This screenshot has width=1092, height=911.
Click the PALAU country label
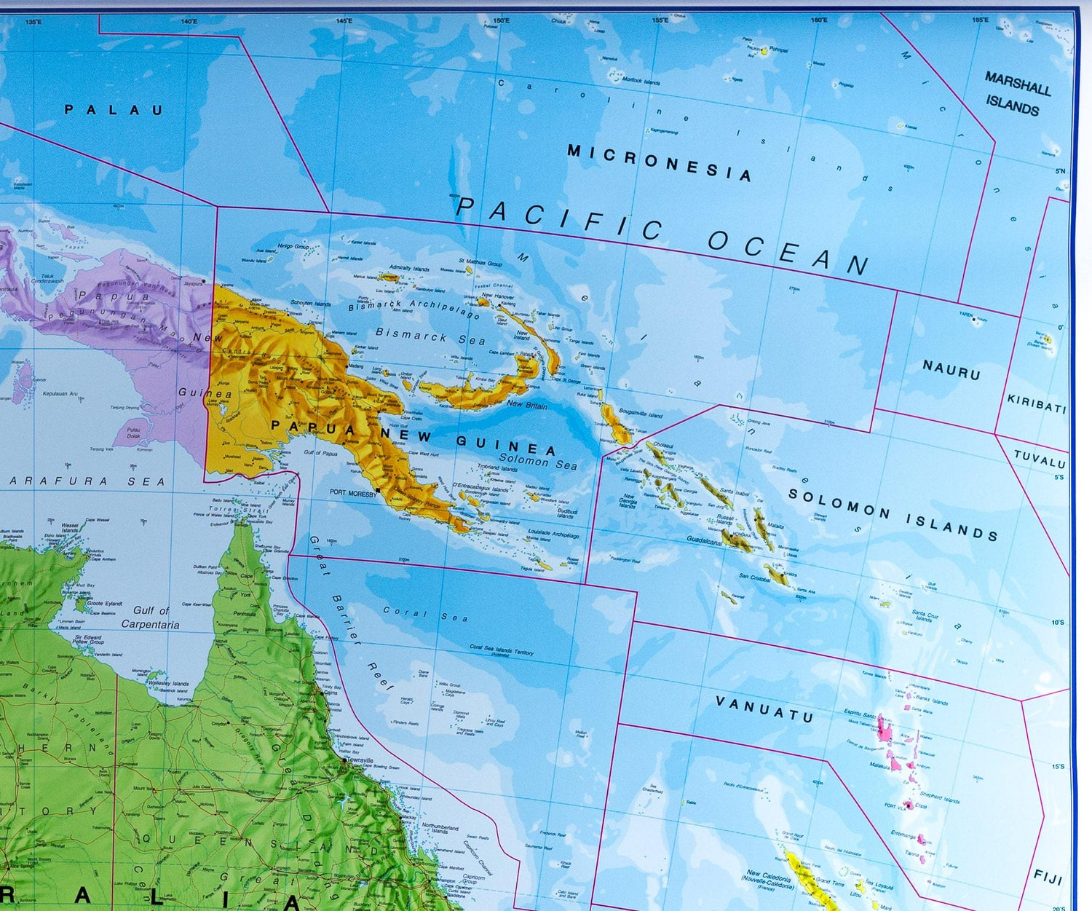[114, 111]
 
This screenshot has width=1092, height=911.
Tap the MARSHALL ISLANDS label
[1016, 94]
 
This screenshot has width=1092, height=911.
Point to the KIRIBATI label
[1036, 403]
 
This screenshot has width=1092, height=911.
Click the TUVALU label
[1040, 459]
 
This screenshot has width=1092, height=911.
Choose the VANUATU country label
[764, 709]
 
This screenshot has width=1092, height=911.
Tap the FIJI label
[1048, 877]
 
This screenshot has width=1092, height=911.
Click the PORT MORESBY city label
[353, 493]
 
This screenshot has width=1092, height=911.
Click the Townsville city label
[359, 760]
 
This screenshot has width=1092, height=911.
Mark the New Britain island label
[526, 405]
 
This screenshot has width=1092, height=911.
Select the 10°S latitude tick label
[1057, 623]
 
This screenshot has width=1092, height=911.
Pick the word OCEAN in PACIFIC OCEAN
[788, 251]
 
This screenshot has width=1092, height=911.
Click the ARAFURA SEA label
[87, 481]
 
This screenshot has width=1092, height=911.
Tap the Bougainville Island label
[641, 413]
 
